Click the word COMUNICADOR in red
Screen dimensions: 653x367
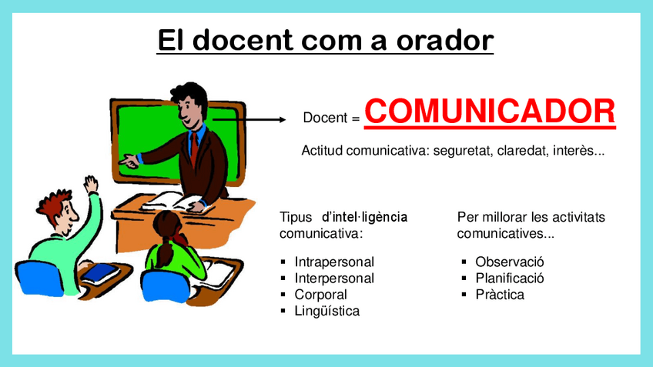click(x=490, y=112)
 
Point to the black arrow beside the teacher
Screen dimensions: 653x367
click(x=249, y=120)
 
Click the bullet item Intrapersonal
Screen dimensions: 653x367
click(x=334, y=262)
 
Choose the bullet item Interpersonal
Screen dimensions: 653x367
click(x=334, y=278)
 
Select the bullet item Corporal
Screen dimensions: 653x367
click(x=320, y=295)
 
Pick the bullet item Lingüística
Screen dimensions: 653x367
click(x=327, y=311)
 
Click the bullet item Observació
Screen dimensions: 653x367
click(x=509, y=262)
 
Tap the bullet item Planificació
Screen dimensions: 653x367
click(x=509, y=278)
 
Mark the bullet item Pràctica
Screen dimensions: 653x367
click(x=500, y=295)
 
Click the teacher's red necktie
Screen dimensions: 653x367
click(x=193, y=148)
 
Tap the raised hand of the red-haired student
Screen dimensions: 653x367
click(x=90, y=184)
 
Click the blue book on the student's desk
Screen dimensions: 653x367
click(x=99, y=273)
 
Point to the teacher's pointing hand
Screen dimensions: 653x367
click(x=129, y=161)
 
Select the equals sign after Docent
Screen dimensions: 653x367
click(x=355, y=119)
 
